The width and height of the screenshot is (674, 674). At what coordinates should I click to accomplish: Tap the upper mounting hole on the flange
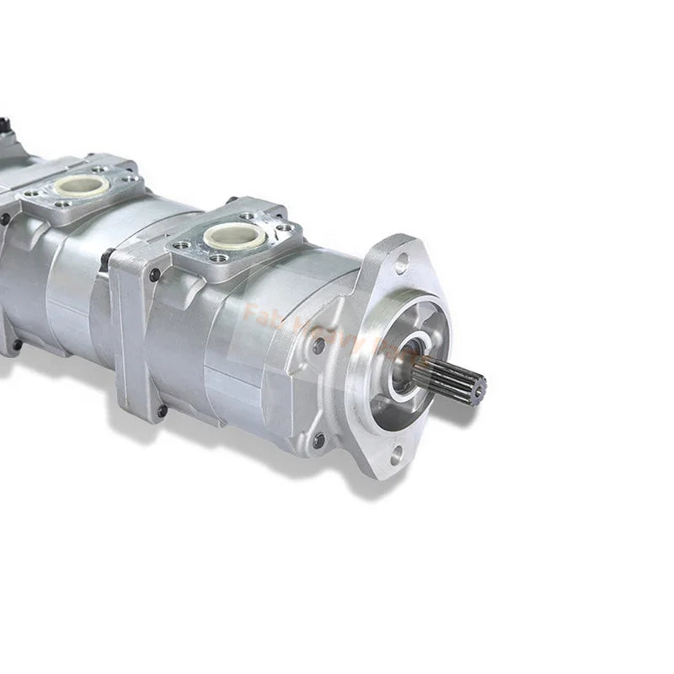[402, 263]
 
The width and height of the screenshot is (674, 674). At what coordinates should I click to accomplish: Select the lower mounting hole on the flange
[396, 455]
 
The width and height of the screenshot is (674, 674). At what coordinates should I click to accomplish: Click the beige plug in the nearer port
[235, 235]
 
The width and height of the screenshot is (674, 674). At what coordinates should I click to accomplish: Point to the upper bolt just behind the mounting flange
[318, 345]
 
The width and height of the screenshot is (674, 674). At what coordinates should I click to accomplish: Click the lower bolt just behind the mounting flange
[318, 440]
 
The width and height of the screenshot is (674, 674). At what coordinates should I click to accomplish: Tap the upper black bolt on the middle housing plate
[154, 275]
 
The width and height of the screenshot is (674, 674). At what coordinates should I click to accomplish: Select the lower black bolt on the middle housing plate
[161, 411]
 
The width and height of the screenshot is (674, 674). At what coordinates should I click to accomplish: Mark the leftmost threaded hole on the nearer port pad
[181, 244]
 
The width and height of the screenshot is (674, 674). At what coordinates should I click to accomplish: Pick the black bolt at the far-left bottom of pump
[15, 345]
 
